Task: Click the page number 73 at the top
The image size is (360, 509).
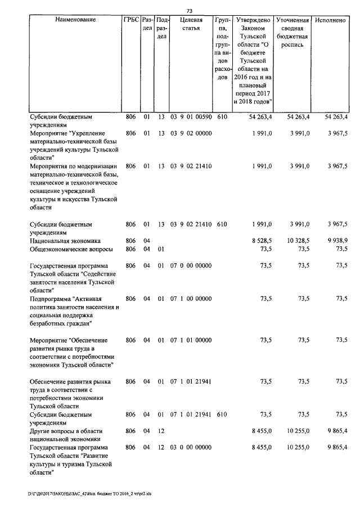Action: (x=189, y=11)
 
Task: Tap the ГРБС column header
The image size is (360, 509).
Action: (x=130, y=20)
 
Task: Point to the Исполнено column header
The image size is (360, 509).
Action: (x=330, y=20)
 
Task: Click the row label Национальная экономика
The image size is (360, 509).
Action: (x=65, y=241)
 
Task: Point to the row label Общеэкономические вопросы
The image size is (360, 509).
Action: (x=71, y=249)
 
